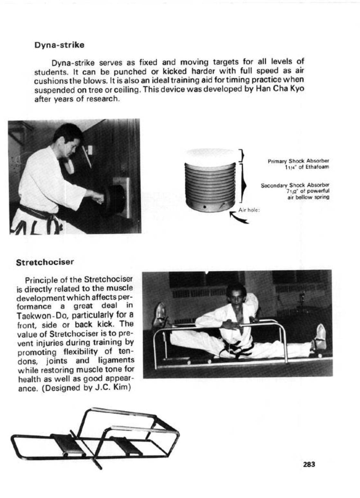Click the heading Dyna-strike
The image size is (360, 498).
tap(59, 45)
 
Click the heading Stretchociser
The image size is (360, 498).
tap(45, 262)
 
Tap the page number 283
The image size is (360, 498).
tap(309, 464)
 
